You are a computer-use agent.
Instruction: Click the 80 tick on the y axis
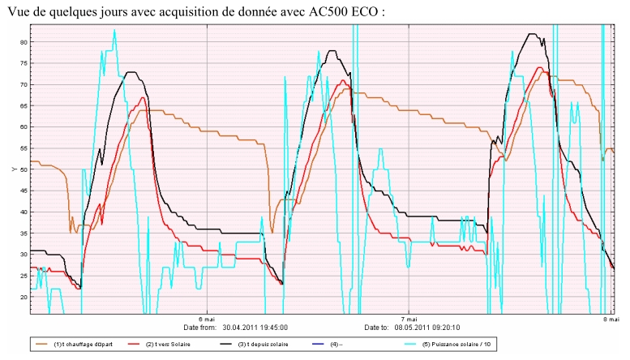[x=24, y=42]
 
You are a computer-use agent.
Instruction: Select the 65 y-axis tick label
[x=24, y=106]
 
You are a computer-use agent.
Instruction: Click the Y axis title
[x=12, y=169]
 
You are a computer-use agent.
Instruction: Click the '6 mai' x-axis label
[x=207, y=319]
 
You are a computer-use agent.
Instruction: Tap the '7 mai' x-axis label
[x=409, y=319]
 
